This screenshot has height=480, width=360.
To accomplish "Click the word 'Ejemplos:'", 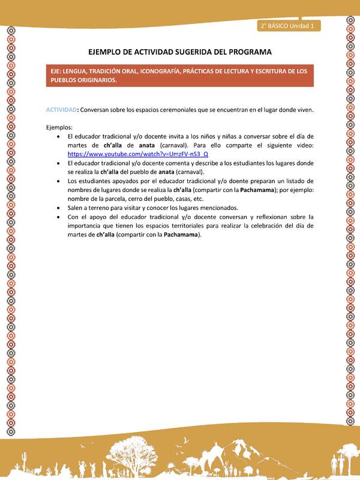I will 59,127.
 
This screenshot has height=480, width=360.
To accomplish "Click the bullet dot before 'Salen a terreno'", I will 57,208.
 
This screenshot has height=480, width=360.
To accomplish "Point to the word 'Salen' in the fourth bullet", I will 76,208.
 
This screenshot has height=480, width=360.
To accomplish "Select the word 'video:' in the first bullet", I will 302,145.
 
